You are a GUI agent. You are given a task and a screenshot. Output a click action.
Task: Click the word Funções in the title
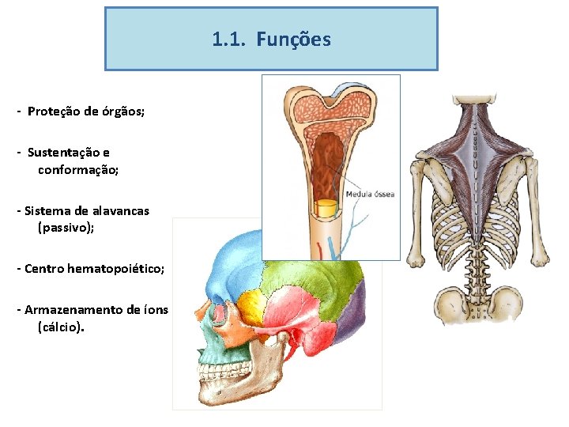(294, 39)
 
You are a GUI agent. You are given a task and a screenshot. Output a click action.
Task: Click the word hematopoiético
(115, 269)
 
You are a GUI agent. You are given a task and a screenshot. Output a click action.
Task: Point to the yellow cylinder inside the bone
(326, 209)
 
